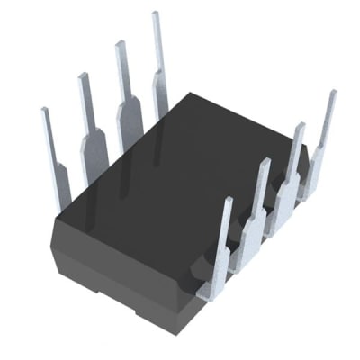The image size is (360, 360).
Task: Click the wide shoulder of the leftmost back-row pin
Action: point(59,184)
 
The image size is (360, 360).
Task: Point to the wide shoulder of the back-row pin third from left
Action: point(130,112)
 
